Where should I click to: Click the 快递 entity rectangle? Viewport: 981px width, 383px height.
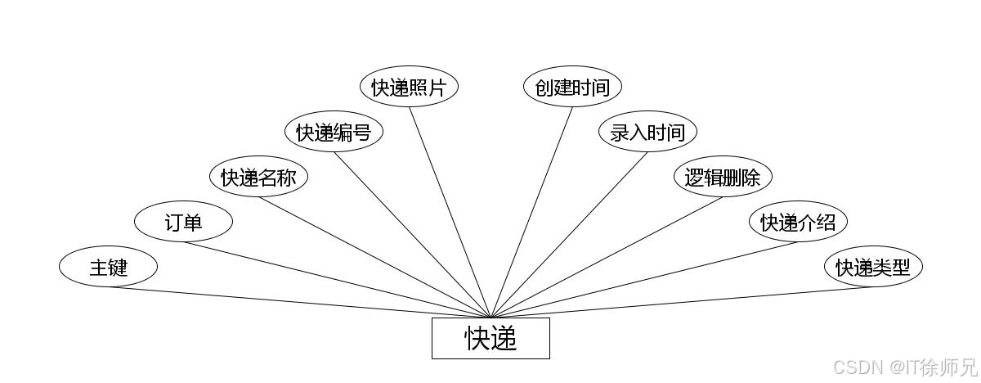[x=490, y=338]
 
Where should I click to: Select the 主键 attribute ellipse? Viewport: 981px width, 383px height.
[x=108, y=267]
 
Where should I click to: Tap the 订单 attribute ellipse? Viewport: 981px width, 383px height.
[x=183, y=222]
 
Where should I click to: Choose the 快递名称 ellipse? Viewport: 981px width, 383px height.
[x=258, y=177]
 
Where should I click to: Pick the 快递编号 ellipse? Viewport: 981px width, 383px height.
[x=334, y=132]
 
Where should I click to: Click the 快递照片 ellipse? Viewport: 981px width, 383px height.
[x=409, y=87]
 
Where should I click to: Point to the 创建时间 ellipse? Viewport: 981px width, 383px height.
[x=572, y=87]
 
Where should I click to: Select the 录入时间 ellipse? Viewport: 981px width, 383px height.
[x=647, y=132]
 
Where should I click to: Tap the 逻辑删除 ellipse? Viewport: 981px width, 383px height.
[x=723, y=177]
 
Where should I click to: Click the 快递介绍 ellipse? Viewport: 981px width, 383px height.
[x=798, y=222]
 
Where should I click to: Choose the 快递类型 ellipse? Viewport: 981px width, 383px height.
[x=873, y=267]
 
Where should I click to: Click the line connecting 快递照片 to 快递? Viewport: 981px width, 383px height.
[x=450, y=212]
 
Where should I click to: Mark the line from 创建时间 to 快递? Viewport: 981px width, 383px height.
[x=531, y=212]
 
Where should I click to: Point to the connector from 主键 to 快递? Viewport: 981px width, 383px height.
[x=299, y=302]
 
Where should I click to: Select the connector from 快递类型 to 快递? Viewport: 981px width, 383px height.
[x=682, y=302]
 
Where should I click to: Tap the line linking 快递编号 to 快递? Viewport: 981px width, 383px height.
[x=412, y=234]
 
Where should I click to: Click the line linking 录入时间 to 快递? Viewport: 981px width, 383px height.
[x=569, y=234]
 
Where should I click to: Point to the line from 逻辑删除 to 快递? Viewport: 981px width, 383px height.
[x=607, y=257]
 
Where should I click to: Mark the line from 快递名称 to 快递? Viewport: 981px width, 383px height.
[x=374, y=257]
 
